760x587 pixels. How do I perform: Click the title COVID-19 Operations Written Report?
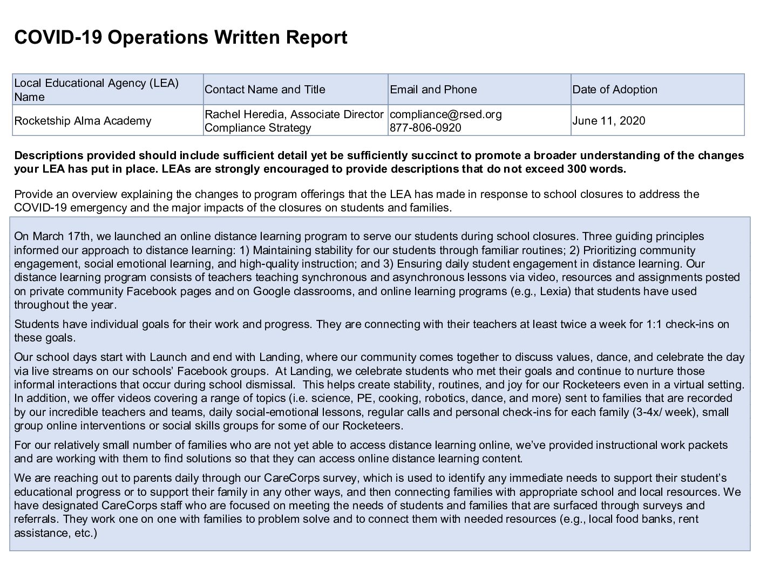180,38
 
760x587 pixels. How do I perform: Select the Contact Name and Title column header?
264,90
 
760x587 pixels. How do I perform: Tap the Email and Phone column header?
433,90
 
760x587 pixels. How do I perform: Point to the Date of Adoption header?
614,90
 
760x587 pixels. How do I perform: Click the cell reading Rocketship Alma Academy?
83,121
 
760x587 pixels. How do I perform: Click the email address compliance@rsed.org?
445,114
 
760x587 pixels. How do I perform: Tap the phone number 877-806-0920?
425,128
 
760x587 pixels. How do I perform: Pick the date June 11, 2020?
608,121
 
